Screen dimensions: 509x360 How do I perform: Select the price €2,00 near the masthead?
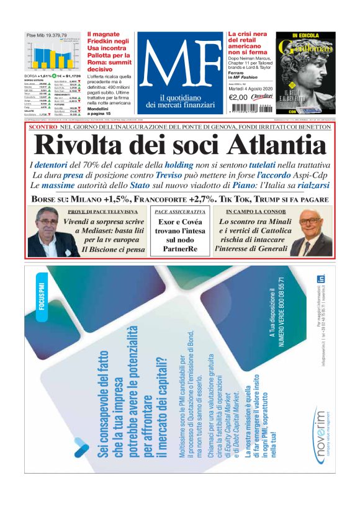coord(238,96)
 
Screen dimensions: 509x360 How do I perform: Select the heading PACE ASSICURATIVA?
coord(179,212)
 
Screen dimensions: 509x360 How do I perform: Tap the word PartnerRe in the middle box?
coord(179,250)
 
